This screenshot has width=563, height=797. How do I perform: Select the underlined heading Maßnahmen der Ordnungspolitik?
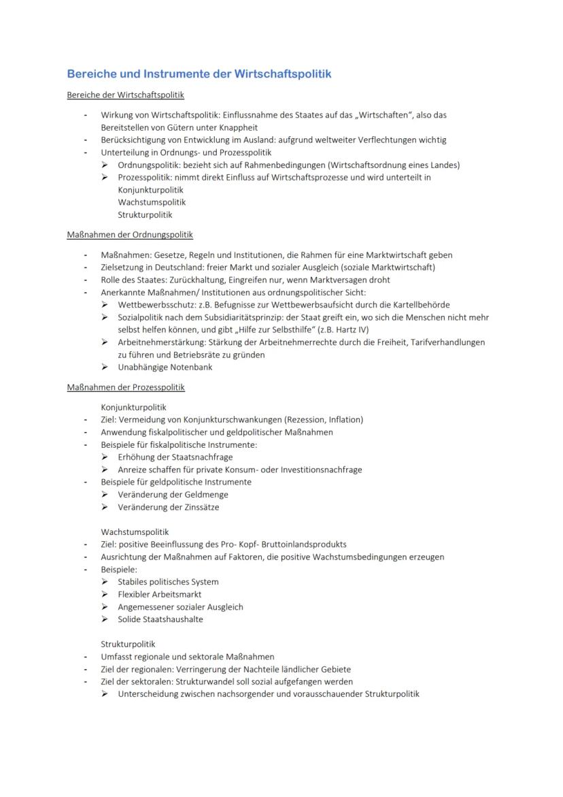130,235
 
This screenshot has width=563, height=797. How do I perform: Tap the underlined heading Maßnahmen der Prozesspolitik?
126,387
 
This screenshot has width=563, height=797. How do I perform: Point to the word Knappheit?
237,127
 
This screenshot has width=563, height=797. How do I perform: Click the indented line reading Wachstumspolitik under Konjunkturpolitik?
152,202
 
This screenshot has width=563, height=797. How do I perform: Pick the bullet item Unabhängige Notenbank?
165,367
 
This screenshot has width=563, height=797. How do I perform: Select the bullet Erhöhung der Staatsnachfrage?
175,457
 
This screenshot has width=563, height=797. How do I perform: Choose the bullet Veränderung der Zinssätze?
168,507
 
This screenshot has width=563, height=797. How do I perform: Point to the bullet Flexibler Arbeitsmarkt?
159,594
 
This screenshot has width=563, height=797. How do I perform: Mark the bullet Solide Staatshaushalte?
160,619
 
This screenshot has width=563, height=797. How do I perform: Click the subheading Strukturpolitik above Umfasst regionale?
128,644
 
